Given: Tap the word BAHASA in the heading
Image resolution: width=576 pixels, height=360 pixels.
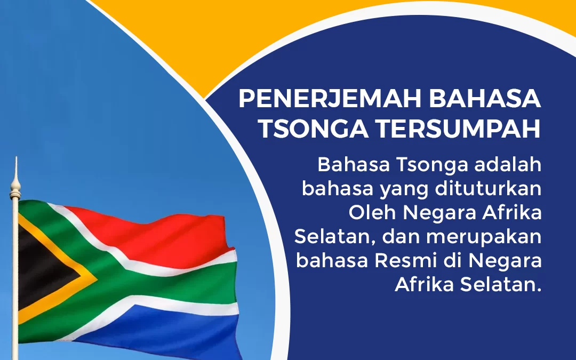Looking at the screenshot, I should [485, 99].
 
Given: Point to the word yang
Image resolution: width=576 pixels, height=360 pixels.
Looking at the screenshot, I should [389, 189].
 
